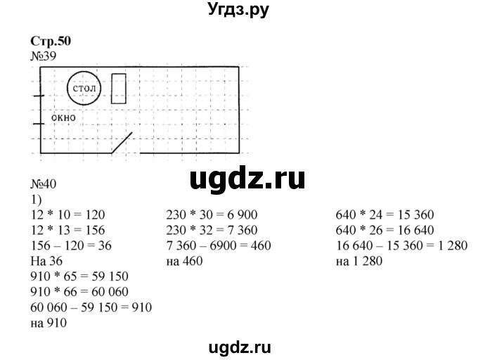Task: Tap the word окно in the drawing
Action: (x=64, y=118)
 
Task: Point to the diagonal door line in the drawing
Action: (x=123, y=143)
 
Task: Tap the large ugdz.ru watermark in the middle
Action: (x=247, y=179)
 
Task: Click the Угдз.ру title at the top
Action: (x=239, y=10)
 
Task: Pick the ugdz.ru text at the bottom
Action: (x=239, y=346)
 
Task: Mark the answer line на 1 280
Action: (x=361, y=261)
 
